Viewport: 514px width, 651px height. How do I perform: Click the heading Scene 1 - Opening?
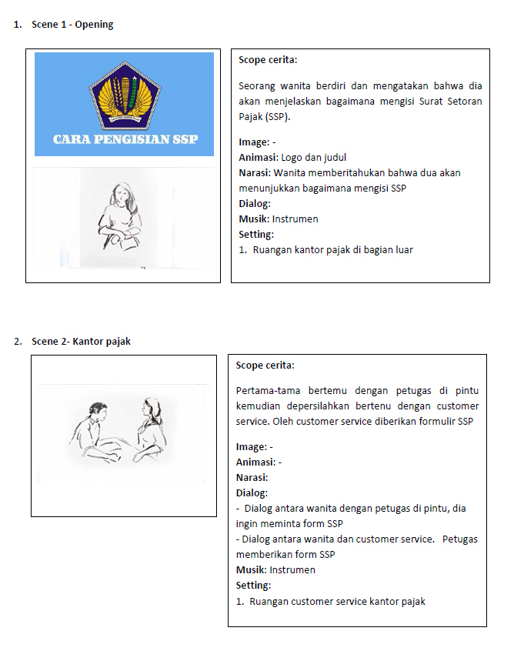click(x=72, y=25)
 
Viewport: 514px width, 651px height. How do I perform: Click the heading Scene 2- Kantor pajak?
click(x=80, y=342)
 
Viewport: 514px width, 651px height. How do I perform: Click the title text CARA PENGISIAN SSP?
click(x=125, y=139)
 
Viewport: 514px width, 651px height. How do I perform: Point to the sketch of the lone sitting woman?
click(x=121, y=216)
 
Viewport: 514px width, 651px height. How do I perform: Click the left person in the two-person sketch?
click(x=95, y=430)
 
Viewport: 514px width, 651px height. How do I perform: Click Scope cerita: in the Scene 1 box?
click(x=268, y=60)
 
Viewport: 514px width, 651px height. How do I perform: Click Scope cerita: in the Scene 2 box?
click(x=265, y=366)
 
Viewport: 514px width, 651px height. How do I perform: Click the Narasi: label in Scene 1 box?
click(x=255, y=173)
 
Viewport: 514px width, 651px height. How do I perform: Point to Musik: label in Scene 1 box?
click(x=254, y=219)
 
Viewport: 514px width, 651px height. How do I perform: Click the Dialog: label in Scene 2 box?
click(x=252, y=493)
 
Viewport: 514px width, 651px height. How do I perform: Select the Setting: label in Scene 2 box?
click(x=254, y=586)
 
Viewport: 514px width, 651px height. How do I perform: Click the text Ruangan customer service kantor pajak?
click(x=337, y=602)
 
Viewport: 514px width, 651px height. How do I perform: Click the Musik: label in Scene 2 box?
click(x=251, y=570)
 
